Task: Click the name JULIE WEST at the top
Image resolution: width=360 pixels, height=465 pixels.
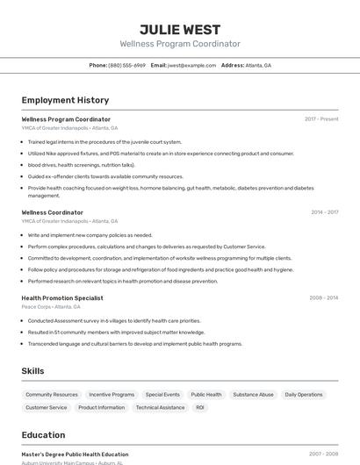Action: (x=180, y=29)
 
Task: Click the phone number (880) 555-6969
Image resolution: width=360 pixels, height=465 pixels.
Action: (x=126, y=65)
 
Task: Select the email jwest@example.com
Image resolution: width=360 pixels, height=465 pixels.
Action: (x=191, y=65)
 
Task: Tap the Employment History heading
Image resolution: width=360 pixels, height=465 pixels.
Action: (x=65, y=100)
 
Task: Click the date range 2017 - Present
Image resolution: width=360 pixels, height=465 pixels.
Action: (x=321, y=119)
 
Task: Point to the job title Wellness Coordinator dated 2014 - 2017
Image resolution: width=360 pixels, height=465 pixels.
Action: (x=53, y=212)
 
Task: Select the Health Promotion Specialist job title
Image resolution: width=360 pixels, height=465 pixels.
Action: (x=62, y=297)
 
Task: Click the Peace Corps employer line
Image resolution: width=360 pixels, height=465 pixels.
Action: (x=51, y=307)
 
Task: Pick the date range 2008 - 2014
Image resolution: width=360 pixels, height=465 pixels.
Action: (x=323, y=297)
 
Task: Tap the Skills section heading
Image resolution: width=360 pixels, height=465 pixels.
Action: (x=33, y=371)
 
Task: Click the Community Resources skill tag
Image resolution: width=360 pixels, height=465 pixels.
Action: (x=52, y=395)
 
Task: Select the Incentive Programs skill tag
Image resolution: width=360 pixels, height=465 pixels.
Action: (x=112, y=395)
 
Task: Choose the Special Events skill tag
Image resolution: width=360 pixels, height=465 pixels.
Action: (x=162, y=395)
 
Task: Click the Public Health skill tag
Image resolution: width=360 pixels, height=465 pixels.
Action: (x=206, y=395)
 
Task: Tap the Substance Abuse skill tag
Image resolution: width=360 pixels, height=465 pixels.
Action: (x=253, y=395)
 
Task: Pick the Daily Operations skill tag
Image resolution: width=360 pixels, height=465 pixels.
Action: (x=304, y=395)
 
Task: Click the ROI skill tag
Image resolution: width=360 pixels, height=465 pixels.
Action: (x=200, y=407)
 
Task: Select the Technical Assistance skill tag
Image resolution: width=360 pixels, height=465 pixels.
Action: (x=160, y=407)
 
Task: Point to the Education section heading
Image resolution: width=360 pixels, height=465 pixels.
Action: (x=43, y=434)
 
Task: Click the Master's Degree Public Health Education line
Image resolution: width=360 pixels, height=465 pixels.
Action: (x=75, y=454)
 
